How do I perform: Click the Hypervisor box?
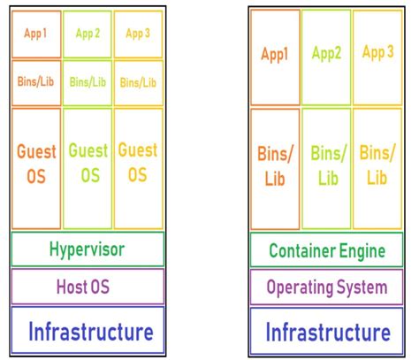tap(88, 249)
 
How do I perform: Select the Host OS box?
tap(88, 287)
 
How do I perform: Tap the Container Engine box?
tap(326, 250)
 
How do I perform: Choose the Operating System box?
tap(326, 287)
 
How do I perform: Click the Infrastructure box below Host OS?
tap(88, 332)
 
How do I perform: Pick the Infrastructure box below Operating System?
tap(326, 333)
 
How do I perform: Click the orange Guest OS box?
tap(36, 168)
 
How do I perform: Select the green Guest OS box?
tap(88, 168)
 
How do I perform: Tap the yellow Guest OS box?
tap(138, 168)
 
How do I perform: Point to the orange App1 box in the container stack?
tap(275, 57)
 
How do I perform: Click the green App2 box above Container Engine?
tap(326, 57)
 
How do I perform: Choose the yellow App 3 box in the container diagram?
tap(377, 57)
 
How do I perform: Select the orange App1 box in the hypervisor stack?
tap(36, 34)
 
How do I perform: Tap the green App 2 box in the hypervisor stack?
tap(88, 34)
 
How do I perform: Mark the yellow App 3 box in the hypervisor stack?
tap(138, 34)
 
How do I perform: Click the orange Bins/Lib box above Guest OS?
tap(36, 82)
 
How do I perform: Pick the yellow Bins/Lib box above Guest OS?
tap(138, 82)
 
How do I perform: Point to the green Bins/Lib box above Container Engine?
tap(326, 168)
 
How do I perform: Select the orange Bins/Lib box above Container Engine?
tap(275, 168)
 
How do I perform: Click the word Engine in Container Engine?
tap(362, 251)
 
